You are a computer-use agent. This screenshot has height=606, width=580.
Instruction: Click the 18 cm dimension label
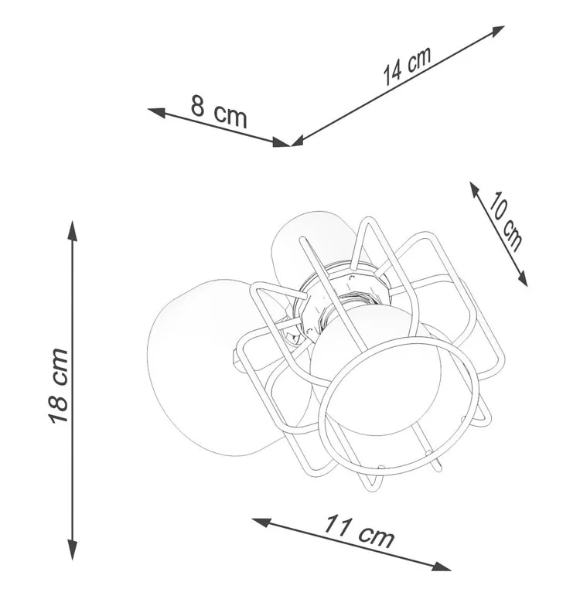coord(58,385)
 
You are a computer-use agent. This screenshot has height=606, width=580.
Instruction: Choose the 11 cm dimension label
coord(359,530)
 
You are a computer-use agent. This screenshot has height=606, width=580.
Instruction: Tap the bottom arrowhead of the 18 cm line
coord(73,549)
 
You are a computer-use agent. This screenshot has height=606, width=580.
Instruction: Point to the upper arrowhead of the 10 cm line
coord(475,190)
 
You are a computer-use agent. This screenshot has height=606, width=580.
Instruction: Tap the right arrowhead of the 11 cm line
coord(440,567)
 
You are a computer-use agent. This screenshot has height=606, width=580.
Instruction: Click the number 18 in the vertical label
coord(58,408)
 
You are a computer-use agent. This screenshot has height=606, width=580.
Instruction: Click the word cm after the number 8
coord(230,116)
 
